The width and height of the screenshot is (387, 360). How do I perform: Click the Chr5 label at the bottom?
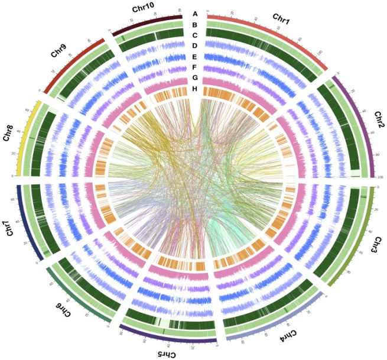coord(168,353)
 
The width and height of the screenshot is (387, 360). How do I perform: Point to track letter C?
coord(194,35)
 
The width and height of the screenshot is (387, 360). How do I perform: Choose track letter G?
coord(194,78)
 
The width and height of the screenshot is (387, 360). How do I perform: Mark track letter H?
coord(194,89)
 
